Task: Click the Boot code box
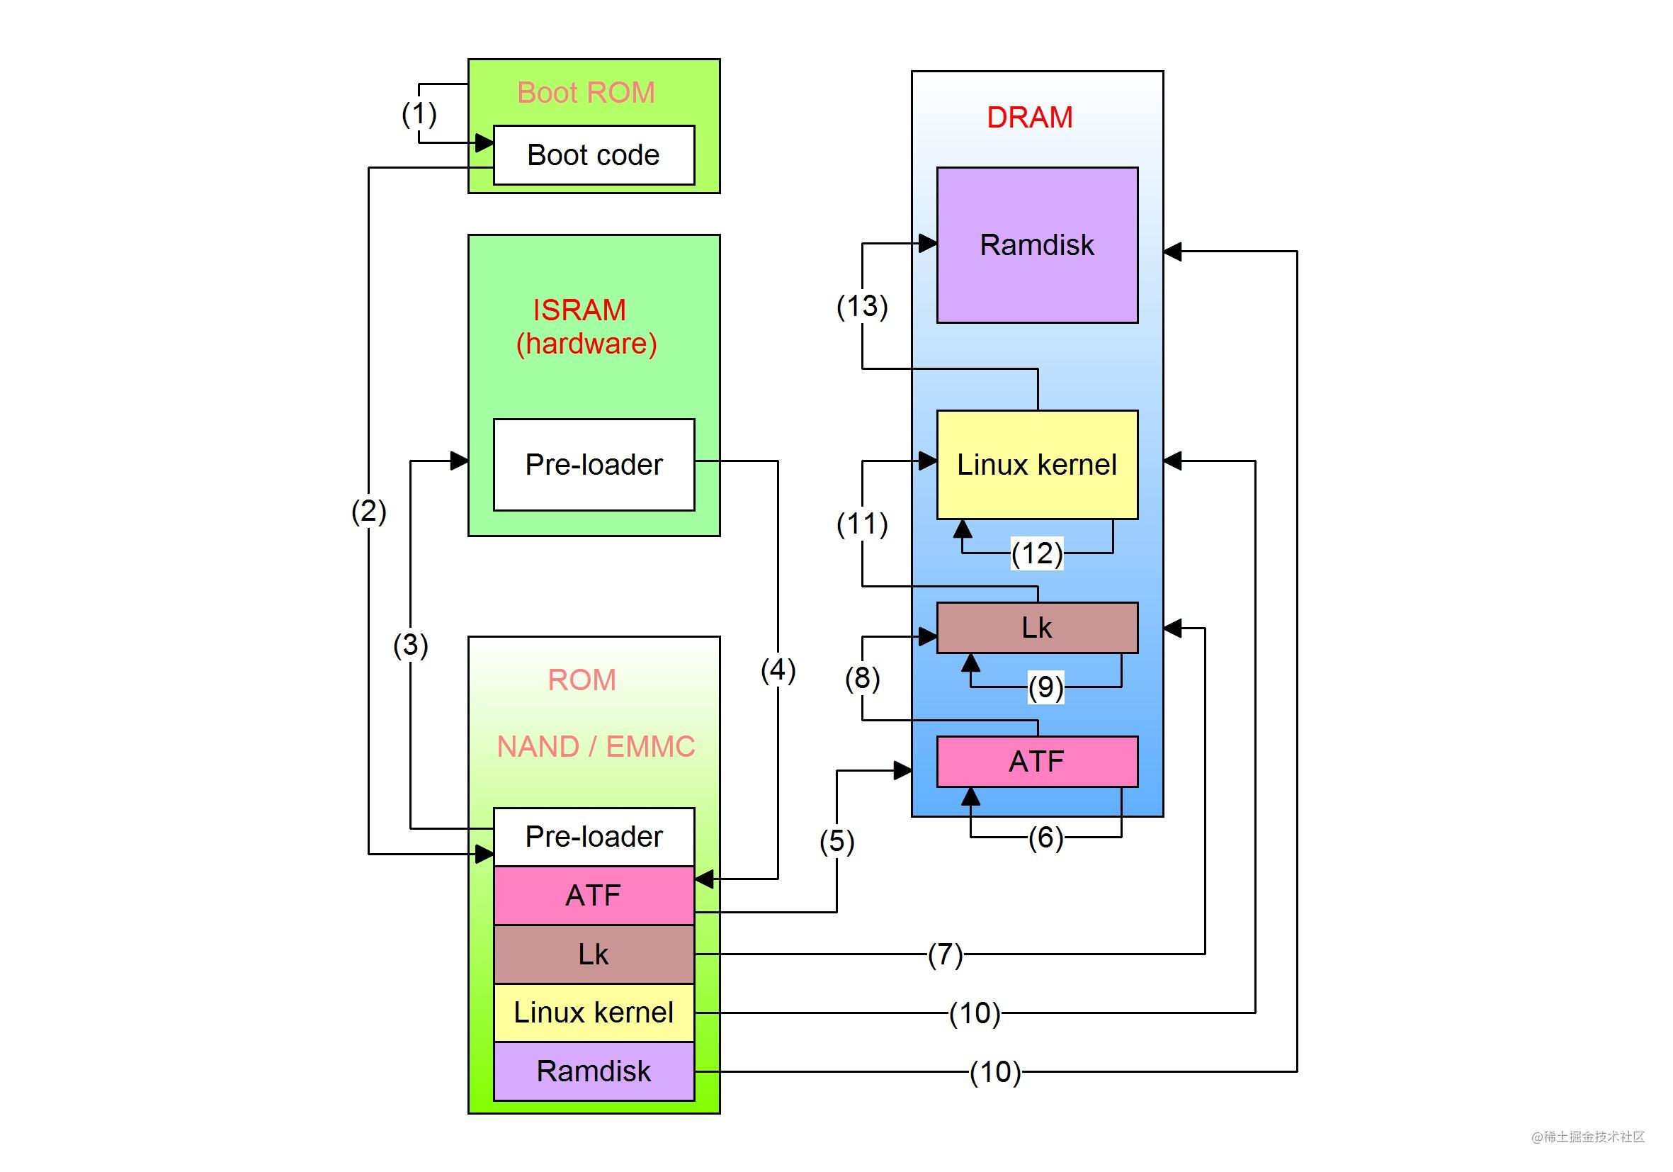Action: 594,155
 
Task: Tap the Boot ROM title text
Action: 586,93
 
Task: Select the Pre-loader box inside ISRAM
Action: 594,464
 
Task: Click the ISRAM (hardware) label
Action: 586,327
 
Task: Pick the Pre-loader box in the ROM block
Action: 594,837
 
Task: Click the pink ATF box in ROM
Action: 594,895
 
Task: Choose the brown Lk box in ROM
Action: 594,954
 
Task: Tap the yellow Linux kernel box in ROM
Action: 594,1013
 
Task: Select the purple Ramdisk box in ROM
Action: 594,1071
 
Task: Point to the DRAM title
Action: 1030,118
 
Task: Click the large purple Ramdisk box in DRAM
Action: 1037,245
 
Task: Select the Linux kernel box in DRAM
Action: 1037,464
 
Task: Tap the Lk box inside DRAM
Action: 1037,628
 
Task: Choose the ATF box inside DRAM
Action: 1037,762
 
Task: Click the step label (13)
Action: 862,306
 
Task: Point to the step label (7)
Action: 945,954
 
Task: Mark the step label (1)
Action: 419,113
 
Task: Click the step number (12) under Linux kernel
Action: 1037,553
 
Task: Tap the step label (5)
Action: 836,841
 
